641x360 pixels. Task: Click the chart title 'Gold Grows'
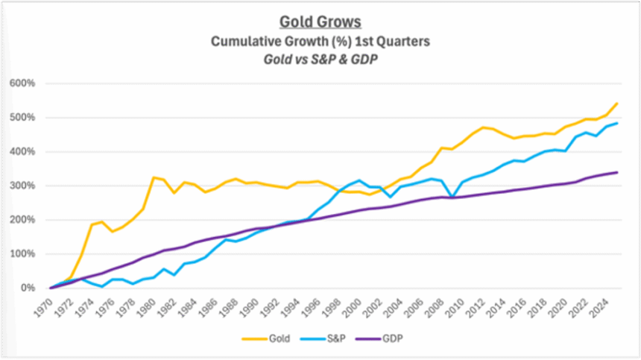320,22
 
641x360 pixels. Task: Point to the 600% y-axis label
22,83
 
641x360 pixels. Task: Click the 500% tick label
22,118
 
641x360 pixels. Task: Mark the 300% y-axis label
22,186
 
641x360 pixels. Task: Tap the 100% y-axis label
22,254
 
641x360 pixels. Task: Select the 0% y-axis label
26,288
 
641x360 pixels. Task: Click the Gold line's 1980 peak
153,177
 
